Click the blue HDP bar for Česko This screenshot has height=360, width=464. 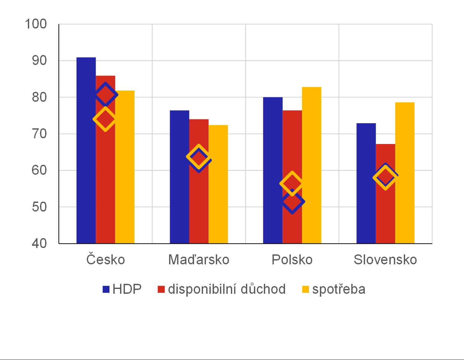click(x=86, y=150)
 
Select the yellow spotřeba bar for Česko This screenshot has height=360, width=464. click(x=125, y=167)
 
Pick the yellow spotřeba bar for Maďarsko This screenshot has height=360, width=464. click(x=218, y=184)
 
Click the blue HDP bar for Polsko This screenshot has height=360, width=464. click(x=273, y=170)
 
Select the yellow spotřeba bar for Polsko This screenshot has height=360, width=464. click(x=312, y=165)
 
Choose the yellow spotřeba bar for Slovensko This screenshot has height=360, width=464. click(x=405, y=173)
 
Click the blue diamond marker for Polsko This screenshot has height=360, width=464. click(x=292, y=202)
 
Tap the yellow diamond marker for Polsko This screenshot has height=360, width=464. click(x=292, y=183)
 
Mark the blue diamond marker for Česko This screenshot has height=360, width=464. click(x=105, y=94)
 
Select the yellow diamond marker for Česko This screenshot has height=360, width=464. click(x=105, y=119)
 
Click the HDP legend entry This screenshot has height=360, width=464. click(x=122, y=289)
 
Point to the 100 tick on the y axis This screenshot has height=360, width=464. click(x=36, y=24)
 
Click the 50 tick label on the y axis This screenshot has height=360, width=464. click(x=39, y=207)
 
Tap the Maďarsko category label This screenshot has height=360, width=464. click(x=199, y=260)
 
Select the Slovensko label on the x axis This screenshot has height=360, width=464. click(x=385, y=260)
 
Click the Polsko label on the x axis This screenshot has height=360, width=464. click(x=292, y=260)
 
